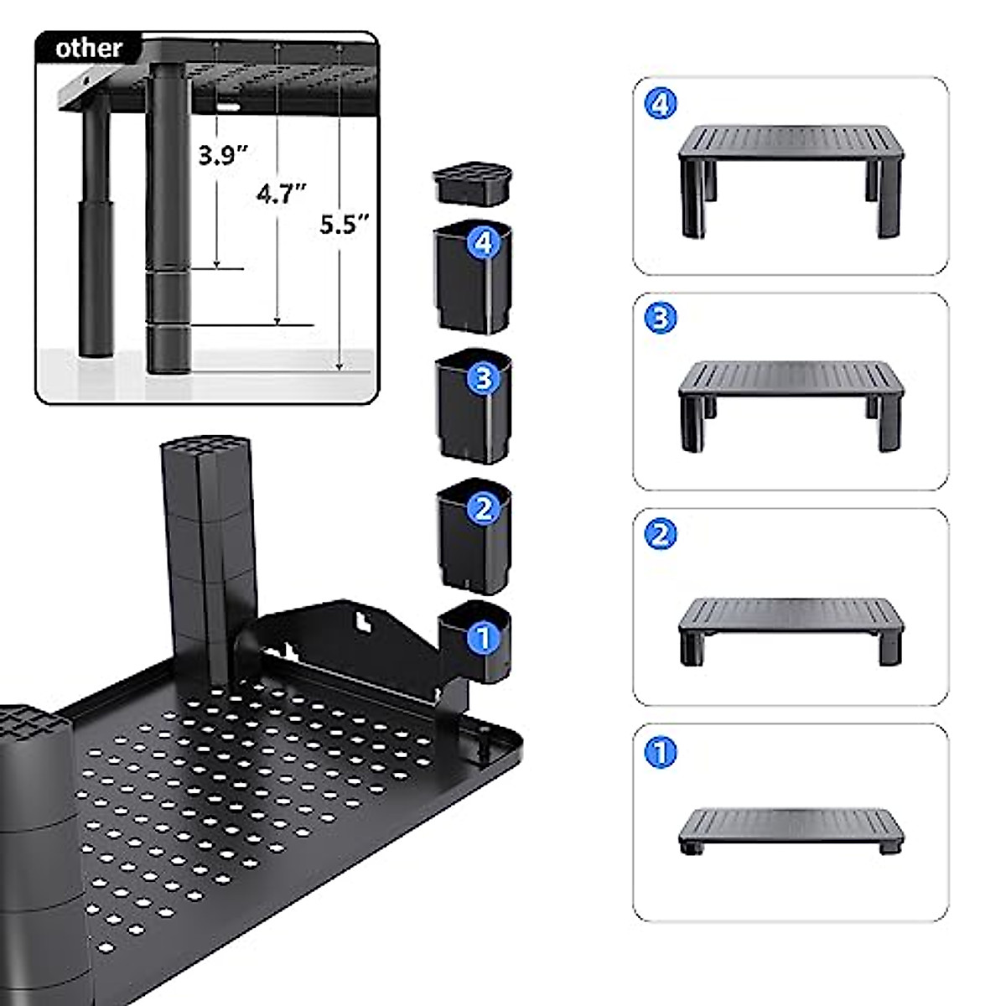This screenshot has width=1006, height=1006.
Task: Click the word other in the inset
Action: (x=89, y=48)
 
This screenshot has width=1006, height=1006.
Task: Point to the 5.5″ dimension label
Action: (x=344, y=224)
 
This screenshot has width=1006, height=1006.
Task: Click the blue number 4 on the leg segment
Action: (x=483, y=244)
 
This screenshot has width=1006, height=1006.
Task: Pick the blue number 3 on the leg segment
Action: (x=483, y=378)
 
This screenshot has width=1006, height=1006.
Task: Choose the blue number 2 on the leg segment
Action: (x=483, y=508)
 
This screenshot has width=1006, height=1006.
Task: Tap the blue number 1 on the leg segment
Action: (x=483, y=638)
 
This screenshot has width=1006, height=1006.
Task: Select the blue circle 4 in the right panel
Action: (x=661, y=104)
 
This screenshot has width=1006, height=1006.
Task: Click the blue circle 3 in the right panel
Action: (x=661, y=318)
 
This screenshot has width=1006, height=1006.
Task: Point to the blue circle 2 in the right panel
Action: (x=661, y=533)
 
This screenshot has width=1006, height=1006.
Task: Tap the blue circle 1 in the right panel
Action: (x=661, y=752)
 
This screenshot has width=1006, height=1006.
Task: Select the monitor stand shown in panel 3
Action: (x=791, y=398)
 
